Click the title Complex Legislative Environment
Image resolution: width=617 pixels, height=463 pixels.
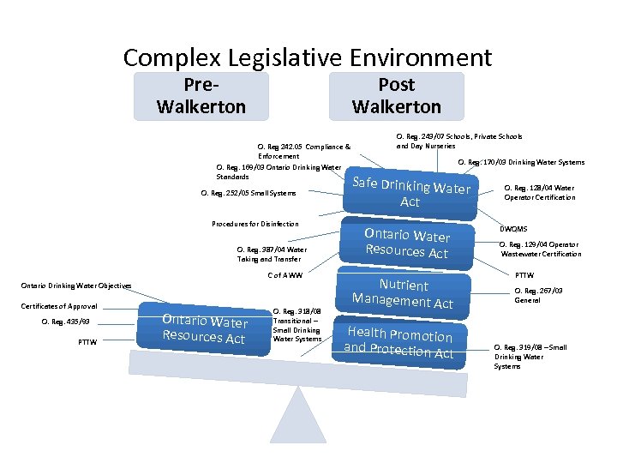click(308, 57)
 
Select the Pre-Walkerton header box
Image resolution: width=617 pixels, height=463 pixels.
click(201, 95)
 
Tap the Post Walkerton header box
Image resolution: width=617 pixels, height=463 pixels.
click(396, 95)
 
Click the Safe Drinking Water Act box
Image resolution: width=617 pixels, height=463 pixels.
click(410, 193)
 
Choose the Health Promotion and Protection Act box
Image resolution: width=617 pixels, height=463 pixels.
click(398, 342)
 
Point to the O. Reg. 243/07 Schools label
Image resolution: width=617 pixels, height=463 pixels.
click(458, 141)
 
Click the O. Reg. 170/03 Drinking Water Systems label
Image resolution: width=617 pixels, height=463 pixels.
click(521, 162)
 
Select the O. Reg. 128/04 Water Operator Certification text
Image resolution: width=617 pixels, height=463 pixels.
click(538, 193)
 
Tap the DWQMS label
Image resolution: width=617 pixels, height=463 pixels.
click(514, 229)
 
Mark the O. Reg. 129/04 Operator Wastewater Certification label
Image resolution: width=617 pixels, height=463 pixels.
click(539, 249)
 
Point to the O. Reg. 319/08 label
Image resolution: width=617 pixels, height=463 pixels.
click(530, 356)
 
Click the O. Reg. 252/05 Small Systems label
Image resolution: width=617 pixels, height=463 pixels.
click(248, 193)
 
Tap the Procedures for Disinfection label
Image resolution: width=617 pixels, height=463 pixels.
click(255, 224)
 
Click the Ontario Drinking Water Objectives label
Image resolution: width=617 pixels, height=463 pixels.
click(76, 286)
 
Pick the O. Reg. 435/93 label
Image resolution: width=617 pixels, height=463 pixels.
click(65, 322)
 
